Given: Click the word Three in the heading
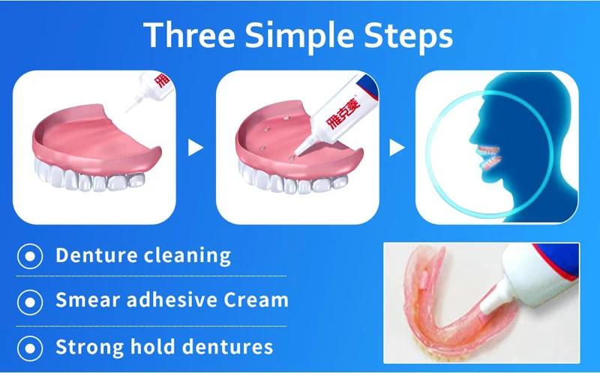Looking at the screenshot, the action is coord(190,34).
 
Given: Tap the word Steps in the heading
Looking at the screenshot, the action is coord(409,37).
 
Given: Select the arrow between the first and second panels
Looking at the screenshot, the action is coord(195,148).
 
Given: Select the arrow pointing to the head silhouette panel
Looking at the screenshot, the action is coord(397,148).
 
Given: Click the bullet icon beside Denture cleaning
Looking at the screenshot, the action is coord(30,256).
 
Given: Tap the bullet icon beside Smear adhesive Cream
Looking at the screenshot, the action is coord(30,303).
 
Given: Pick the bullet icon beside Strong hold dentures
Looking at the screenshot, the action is coord(30,348).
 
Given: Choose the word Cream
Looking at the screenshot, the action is coord(256,300).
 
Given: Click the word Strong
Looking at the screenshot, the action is coord(90,348).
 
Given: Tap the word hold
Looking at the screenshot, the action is coord(153,346).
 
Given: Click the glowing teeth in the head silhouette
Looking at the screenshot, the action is coord(489,157).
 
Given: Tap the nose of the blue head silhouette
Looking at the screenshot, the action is coord(473,139).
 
